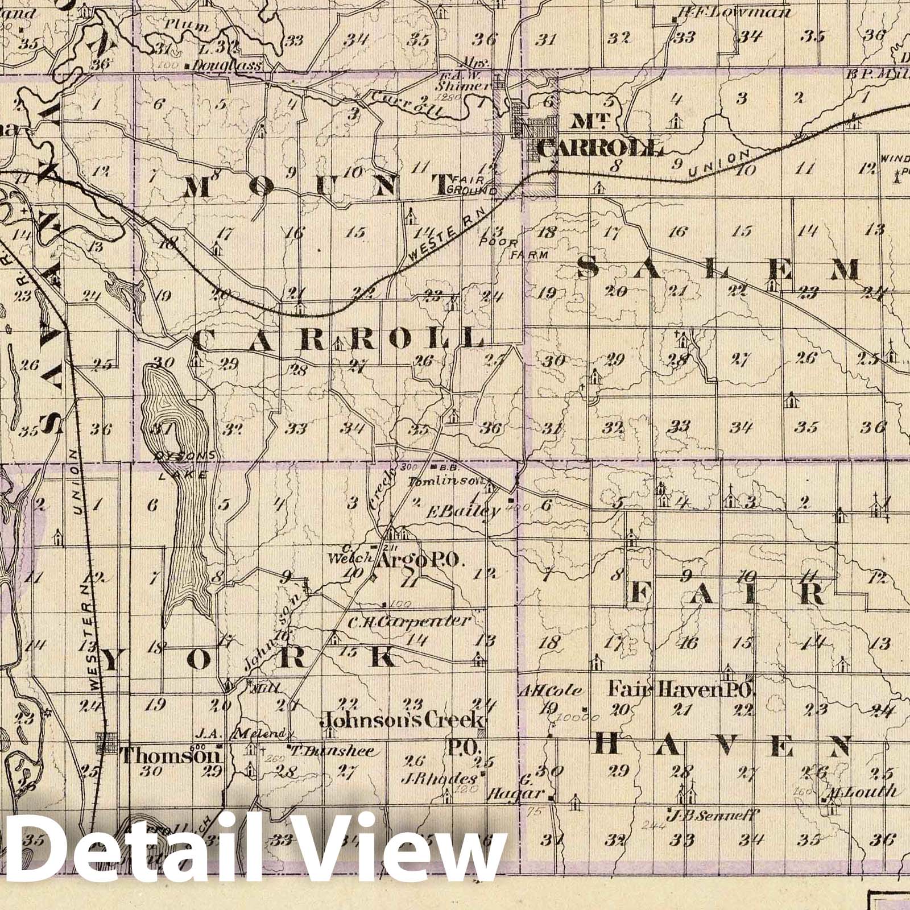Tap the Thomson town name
(x=170, y=756)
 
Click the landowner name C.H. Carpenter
(x=409, y=621)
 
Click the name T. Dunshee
(x=333, y=751)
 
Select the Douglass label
(x=226, y=65)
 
